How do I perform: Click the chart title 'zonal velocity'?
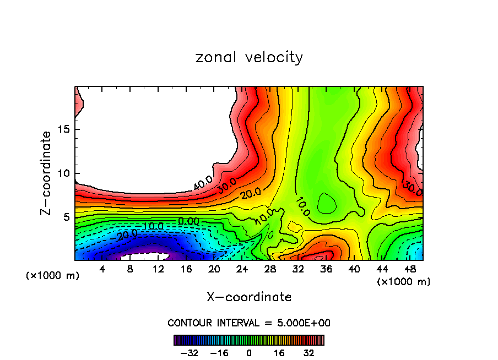249,57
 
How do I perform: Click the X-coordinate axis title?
249,297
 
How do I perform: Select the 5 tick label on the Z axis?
66,217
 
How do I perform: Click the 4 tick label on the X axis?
102,269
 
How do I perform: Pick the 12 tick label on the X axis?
158,269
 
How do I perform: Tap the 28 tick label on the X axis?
270,269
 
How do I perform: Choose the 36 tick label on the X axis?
326,269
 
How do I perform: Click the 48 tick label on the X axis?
410,269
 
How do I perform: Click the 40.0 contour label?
204,183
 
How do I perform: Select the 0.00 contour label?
188,221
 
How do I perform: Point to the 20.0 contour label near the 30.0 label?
251,194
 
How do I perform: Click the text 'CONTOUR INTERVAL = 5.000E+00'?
249,323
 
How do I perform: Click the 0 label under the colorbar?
249,352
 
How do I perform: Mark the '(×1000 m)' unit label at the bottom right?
404,282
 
